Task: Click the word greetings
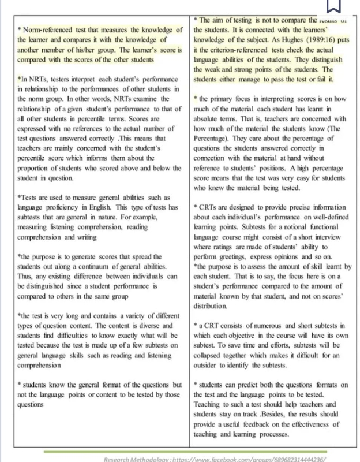pyautogui.click(x=230, y=256)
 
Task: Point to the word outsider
pyautogui.click(x=211, y=364)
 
